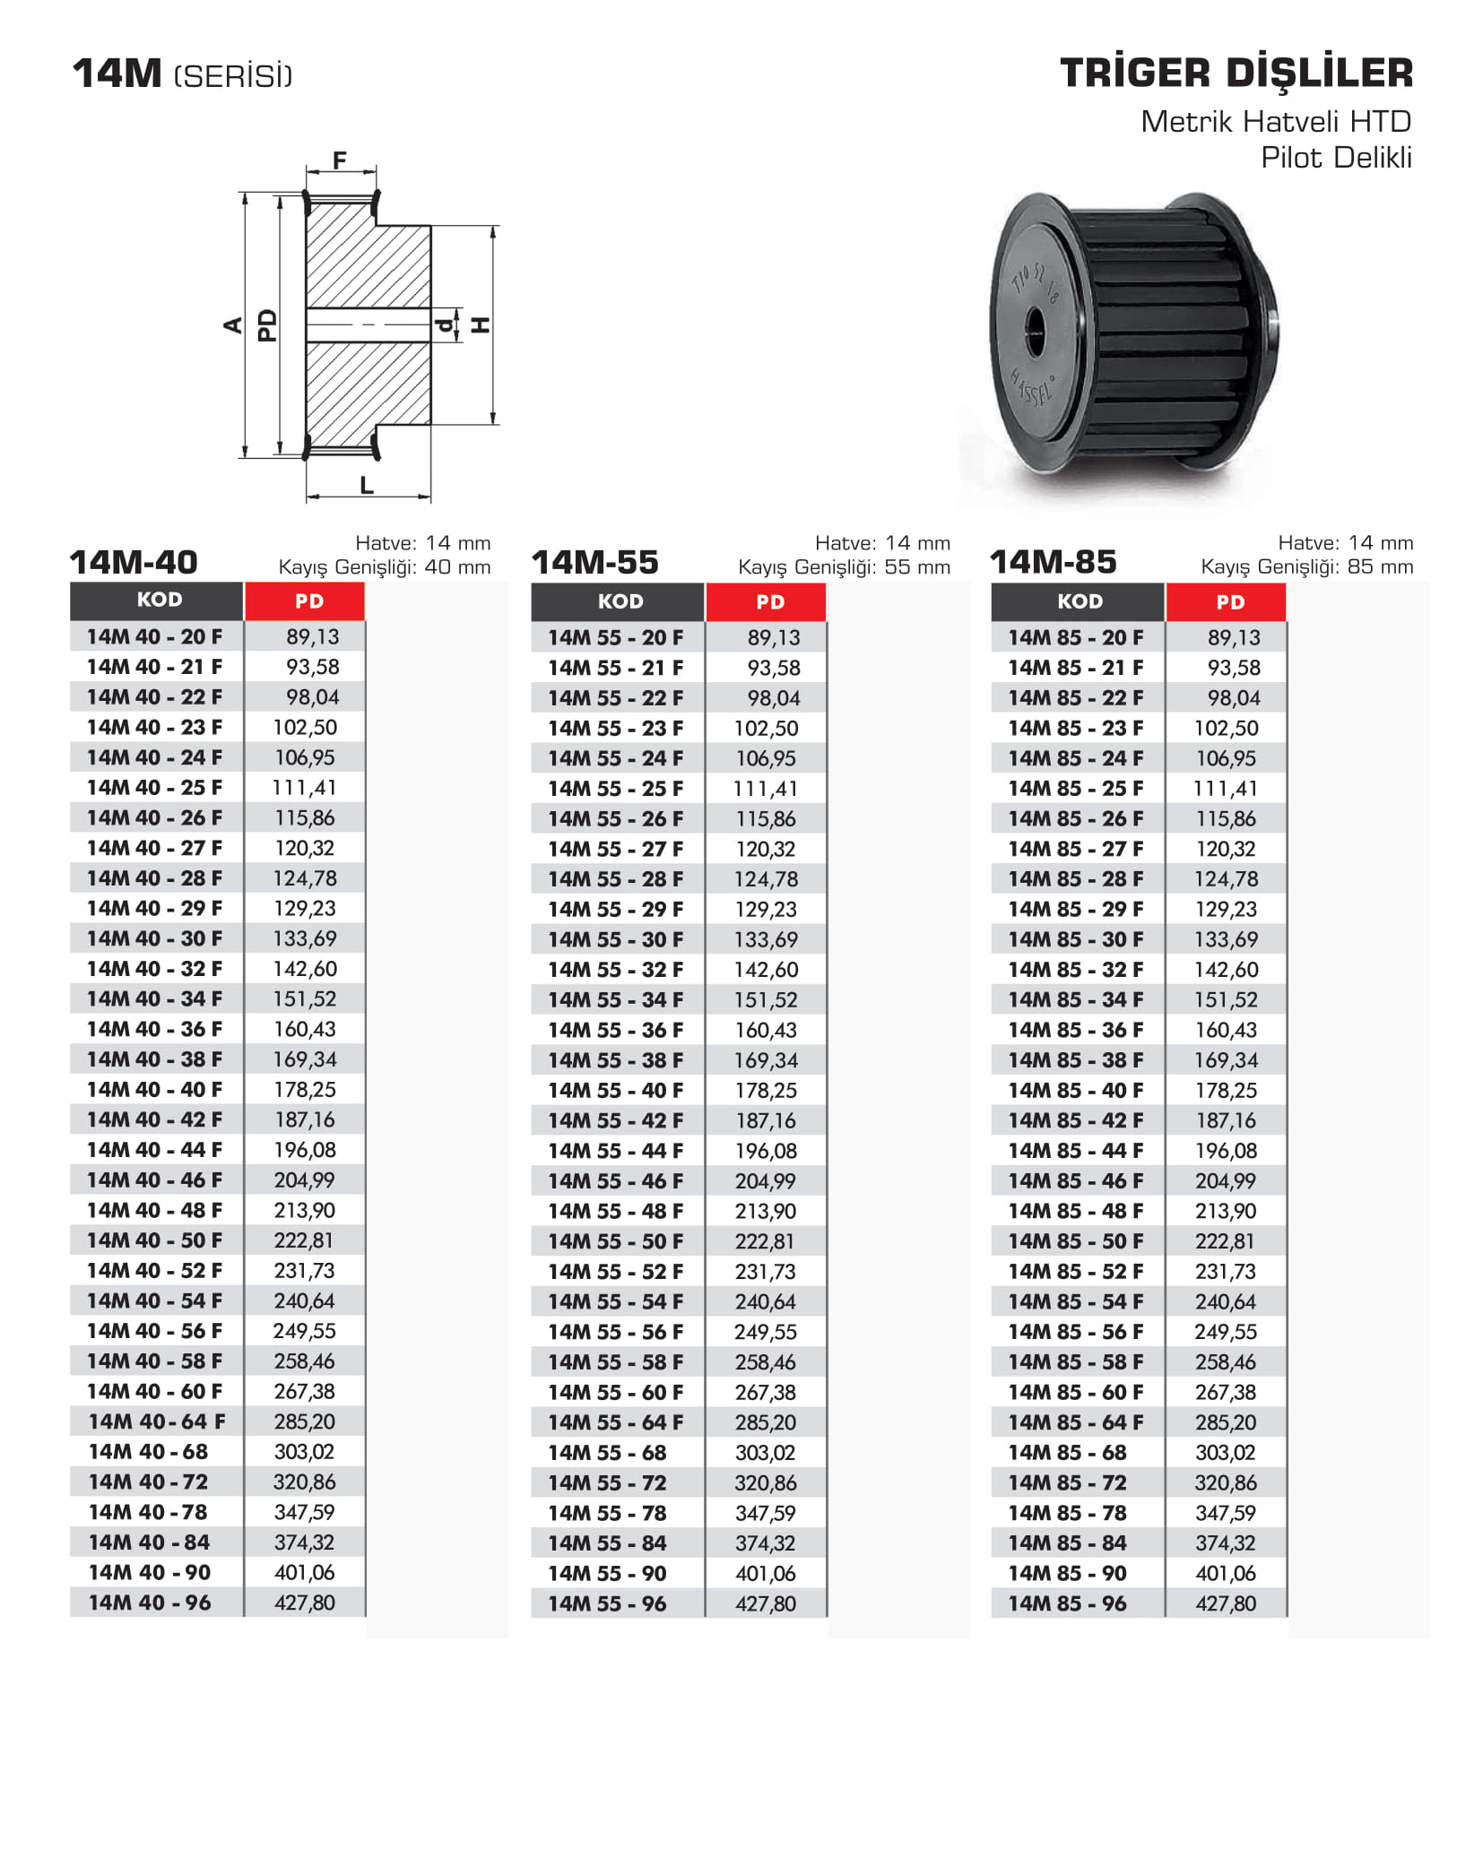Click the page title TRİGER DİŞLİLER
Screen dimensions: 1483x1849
[x=1236, y=73]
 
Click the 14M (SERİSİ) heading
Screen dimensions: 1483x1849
[x=183, y=74]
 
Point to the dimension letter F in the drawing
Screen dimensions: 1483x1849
[x=340, y=160]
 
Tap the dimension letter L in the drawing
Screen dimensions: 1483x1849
[x=367, y=485]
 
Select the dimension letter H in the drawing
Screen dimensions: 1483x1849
[x=481, y=324]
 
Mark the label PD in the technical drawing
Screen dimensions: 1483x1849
[x=267, y=325]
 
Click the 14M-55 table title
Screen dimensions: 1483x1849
[x=594, y=562]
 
